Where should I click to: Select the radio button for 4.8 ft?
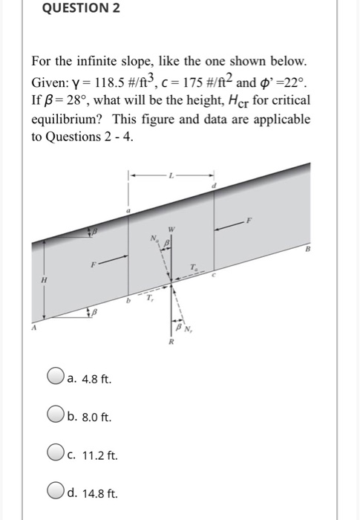click(x=56, y=379)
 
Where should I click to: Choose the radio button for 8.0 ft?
click(x=56, y=416)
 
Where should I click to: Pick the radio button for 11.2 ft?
click(x=56, y=454)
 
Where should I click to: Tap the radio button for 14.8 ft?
click(x=56, y=491)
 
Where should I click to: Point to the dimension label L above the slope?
click(x=172, y=175)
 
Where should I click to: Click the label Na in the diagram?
click(x=154, y=238)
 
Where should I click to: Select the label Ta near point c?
click(x=194, y=267)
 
